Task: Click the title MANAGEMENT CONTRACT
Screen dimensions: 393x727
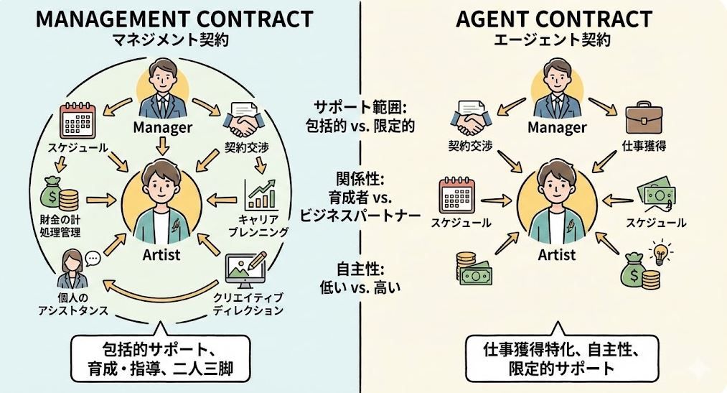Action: pos(174,18)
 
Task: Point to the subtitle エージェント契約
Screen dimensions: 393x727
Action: pos(553,40)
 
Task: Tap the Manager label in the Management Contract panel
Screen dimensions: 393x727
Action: pos(163,129)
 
